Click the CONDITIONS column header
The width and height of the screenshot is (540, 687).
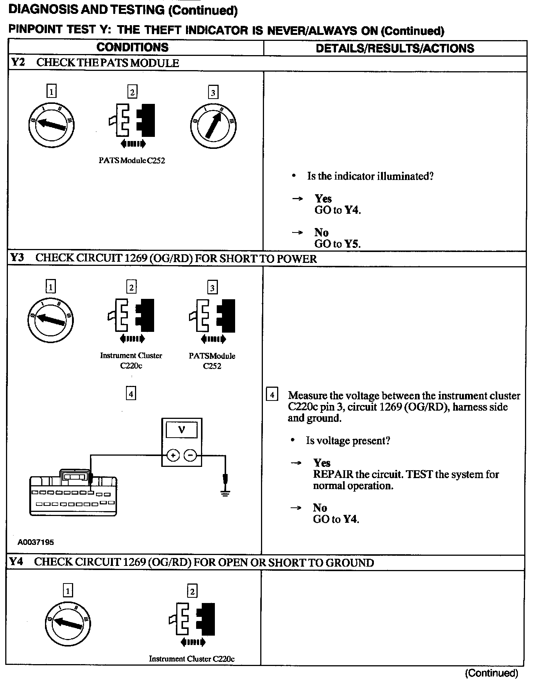[x=132, y=47]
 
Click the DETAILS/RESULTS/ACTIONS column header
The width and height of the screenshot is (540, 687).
[x=395, y=48]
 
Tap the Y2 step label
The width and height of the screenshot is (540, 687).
[x=18, y=62]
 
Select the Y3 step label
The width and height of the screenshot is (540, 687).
[x=17, y=258]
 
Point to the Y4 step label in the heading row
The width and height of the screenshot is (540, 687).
[x=16, y=561]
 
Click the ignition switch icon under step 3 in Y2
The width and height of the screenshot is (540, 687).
[x=213, y=125]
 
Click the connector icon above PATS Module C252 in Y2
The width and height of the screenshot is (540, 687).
[x=132, y=121]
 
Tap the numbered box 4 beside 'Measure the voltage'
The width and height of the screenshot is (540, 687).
[x=272, y=395]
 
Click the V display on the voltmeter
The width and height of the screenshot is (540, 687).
[x=181, y=430]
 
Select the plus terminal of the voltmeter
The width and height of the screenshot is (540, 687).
[x=173, y=456]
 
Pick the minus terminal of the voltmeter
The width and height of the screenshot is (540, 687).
[x=190, y=456]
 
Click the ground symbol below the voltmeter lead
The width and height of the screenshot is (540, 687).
[x=225, y=493]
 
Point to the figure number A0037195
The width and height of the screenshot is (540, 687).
[x=36, y=542]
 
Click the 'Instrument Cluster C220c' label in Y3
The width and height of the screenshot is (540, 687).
[x=131, y=360]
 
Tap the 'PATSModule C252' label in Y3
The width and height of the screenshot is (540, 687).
[x=212, y=361]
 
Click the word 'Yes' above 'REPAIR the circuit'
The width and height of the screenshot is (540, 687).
[x=322, y=463]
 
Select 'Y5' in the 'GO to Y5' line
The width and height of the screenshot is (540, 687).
[x=352, y=244]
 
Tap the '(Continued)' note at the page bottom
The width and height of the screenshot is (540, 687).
[x=491, y=673]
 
